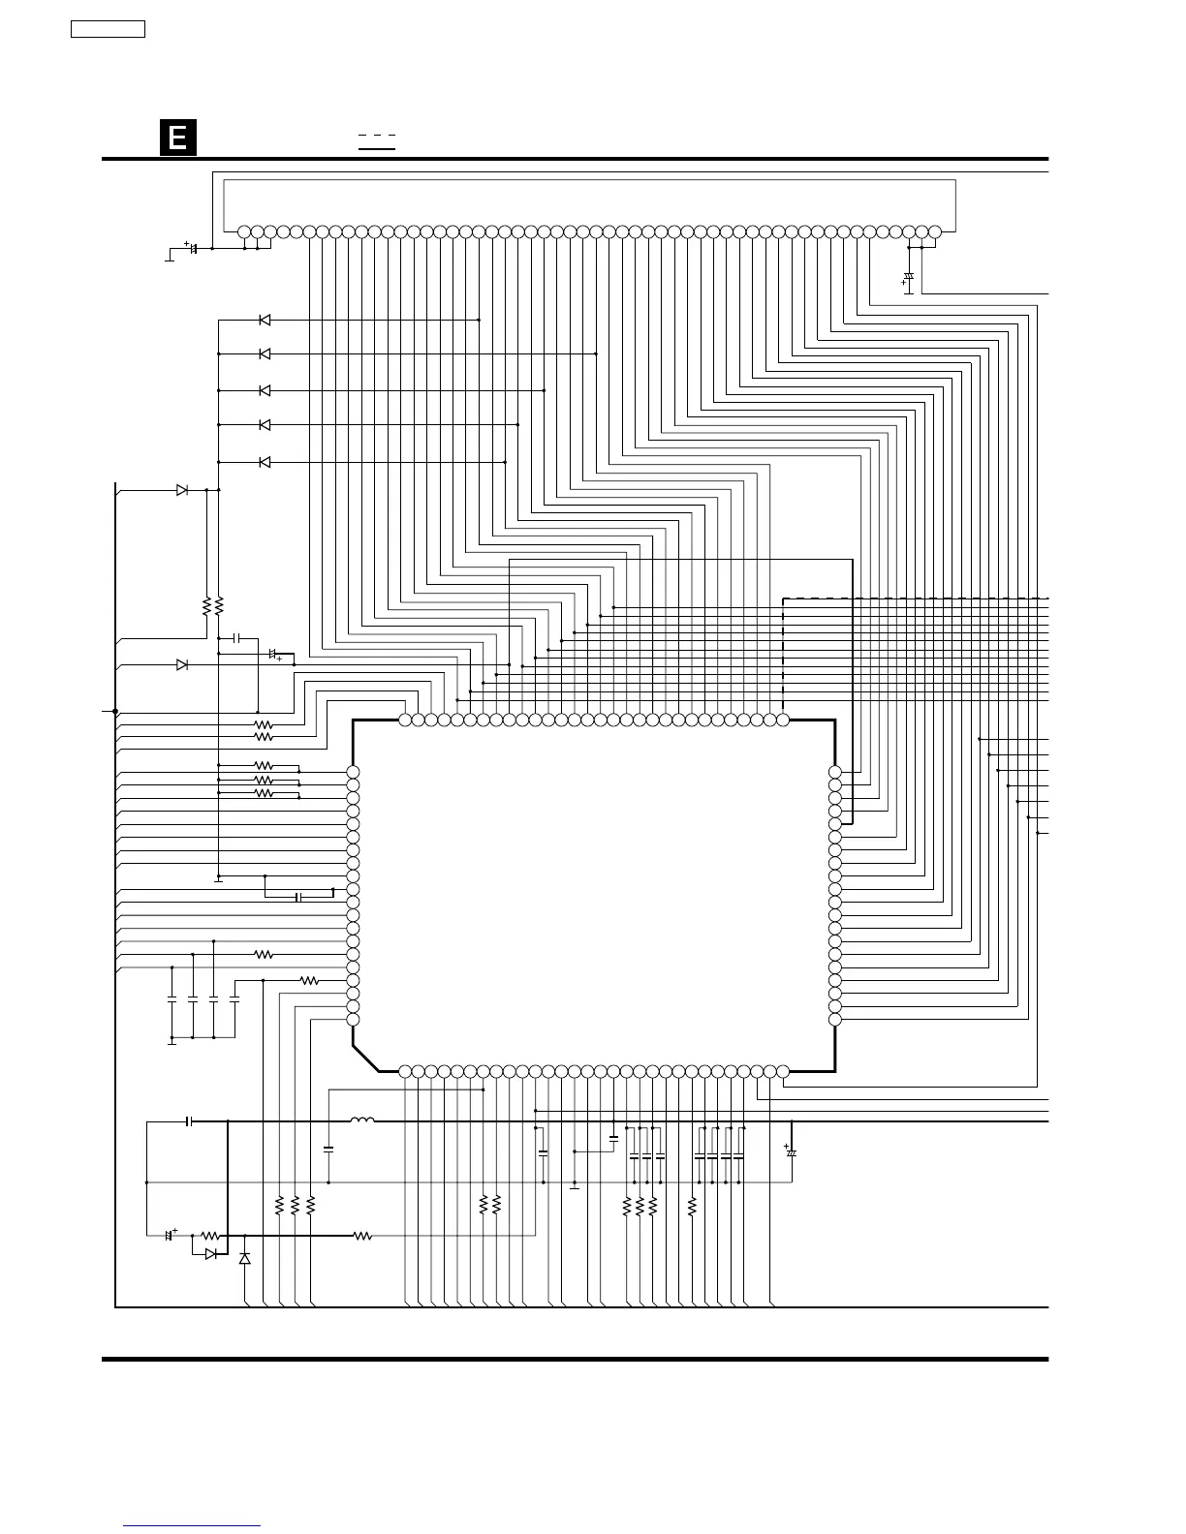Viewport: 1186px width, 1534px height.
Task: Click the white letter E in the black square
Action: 178,138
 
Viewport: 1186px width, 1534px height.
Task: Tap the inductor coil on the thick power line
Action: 362,1120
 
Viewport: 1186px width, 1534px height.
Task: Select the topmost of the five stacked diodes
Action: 265,320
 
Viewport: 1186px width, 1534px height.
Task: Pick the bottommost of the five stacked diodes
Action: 265,462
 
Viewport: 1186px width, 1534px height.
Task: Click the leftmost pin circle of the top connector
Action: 244,231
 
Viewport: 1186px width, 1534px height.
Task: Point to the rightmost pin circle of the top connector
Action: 934,231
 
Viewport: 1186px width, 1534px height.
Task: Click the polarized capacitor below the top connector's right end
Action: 909,279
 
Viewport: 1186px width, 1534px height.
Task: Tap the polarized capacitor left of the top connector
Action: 193,248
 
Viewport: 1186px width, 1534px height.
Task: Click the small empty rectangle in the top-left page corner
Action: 108,29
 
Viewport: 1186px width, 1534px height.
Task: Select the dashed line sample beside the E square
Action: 377,136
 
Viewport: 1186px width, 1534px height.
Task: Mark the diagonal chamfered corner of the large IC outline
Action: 365,1058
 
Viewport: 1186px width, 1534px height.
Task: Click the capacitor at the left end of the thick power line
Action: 190,1121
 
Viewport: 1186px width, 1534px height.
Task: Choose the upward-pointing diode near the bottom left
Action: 244,1258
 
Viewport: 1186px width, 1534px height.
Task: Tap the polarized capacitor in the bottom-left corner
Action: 170,1235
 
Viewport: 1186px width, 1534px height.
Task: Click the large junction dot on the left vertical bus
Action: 115,711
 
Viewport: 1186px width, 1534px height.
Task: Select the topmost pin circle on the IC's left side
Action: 353,772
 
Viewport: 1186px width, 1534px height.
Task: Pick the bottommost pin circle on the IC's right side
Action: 835,1019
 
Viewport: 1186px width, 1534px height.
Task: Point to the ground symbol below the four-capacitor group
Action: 172,1041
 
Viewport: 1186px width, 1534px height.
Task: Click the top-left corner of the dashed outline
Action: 783,598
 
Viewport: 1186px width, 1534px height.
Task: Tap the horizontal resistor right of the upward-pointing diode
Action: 362,1236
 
